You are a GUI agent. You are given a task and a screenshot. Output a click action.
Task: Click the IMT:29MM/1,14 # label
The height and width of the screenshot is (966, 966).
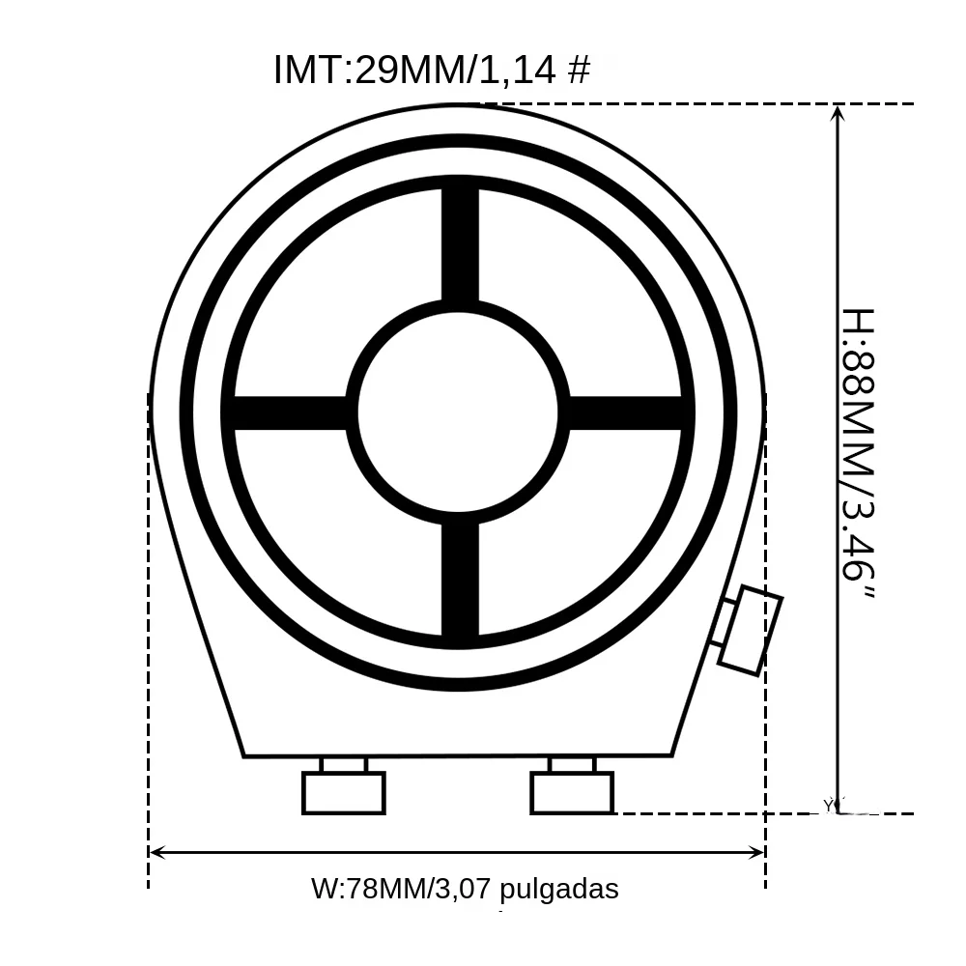point(432,69)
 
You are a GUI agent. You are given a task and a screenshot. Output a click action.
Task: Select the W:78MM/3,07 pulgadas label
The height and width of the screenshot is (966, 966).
point(466,889)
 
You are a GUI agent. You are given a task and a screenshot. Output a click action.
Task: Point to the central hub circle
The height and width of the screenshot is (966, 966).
point(458,412)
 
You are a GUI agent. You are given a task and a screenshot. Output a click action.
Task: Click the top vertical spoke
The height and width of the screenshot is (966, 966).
point(460,244)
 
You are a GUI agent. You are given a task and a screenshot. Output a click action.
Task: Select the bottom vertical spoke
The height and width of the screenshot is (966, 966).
point(460,579)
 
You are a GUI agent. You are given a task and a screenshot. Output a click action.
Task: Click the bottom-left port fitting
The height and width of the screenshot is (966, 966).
point(344,786)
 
